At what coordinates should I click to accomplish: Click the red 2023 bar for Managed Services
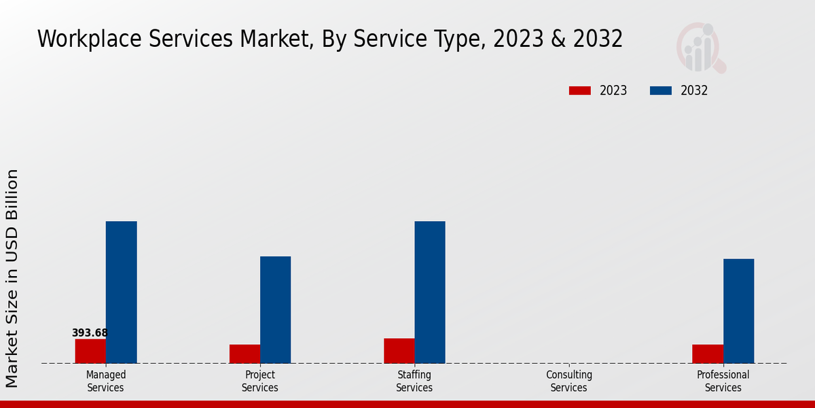pyautogui.click(x=90, y=351)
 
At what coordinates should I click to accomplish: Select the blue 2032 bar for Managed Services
pyautogui.click(x=121, y=292)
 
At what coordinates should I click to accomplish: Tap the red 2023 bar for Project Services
pyautogui.click(x=244, y=354)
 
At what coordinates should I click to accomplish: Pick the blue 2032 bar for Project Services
pyautogui.click(x=275, y=309)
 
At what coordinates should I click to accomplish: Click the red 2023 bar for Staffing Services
pyautogui.click(x=399, y=351)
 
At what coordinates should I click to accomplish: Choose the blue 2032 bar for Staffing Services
pyautogui.click(x=430, y=292)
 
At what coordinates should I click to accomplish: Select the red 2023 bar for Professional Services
pyautogui.click(x=708, y=354)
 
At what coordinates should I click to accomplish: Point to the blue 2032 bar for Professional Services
pyautogui.click(x=738, y=311)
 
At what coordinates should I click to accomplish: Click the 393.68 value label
pyautogui.click(x=90, y=333)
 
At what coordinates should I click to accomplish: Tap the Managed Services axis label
pyautogui.click(x=105, y=381)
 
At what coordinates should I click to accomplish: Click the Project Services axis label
pyautogui.click(x=260, y=381)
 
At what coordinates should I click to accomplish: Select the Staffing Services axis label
pyautogui.click(x=414, y=381)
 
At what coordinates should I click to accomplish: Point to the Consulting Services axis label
pyautogui.click(x=569, y=381)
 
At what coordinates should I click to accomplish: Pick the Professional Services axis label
pyautogui.click(x=723, y=381)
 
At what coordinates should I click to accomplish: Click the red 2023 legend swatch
pyautogui.click(x=580, y=90)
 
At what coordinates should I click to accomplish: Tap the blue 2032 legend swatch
pyautogui.click(x=661, y=90)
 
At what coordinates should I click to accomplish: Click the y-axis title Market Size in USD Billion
pyautogui.click(x=12, y=279)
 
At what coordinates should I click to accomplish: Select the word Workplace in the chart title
pyautogui.click(x=89, y=39)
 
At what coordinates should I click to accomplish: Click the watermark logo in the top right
pyautogui.click(x=700, y=48)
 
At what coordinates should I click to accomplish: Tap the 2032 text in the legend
pyautogui.click(x=694, y=90)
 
